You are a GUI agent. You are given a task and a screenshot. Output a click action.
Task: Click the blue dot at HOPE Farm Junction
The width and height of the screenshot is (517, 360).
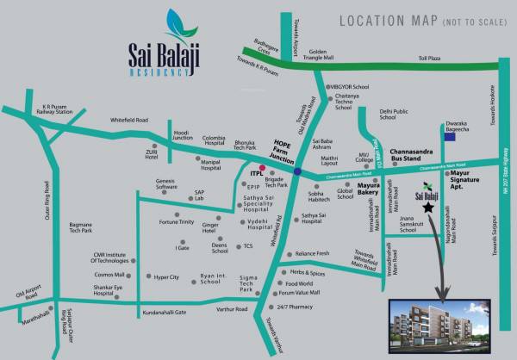point(296,171)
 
